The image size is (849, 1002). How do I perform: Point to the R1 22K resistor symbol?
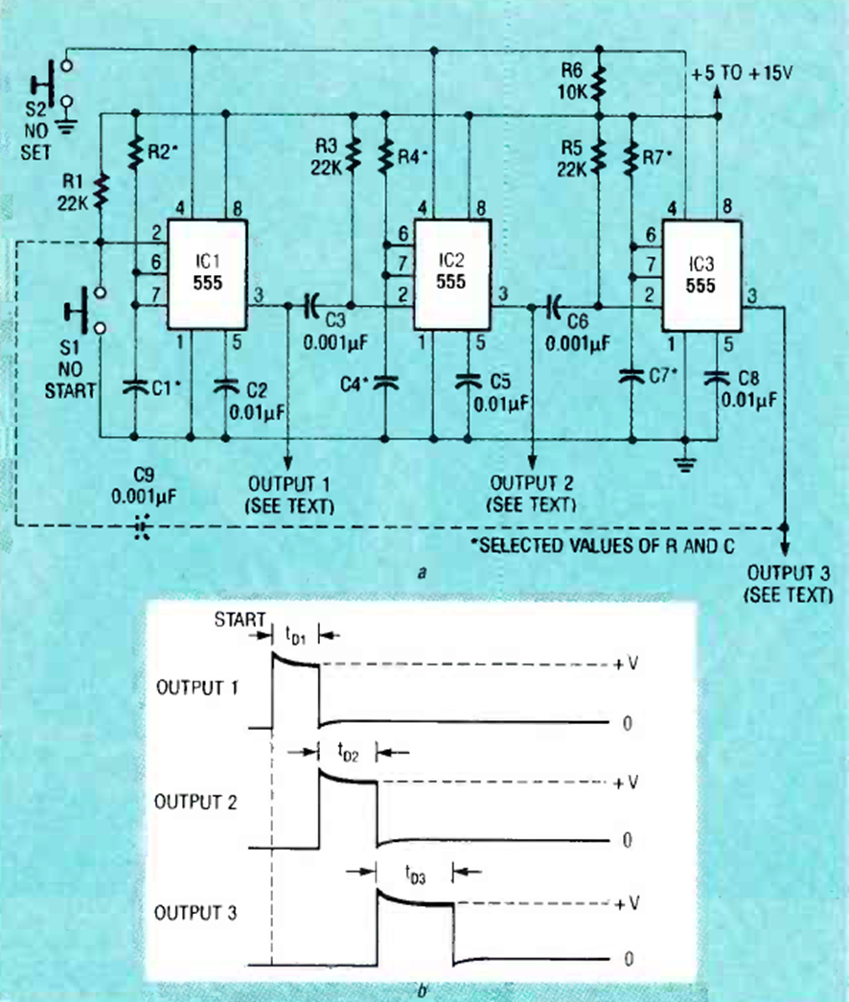pos(101,191)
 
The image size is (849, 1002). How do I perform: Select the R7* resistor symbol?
pos(632,159)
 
